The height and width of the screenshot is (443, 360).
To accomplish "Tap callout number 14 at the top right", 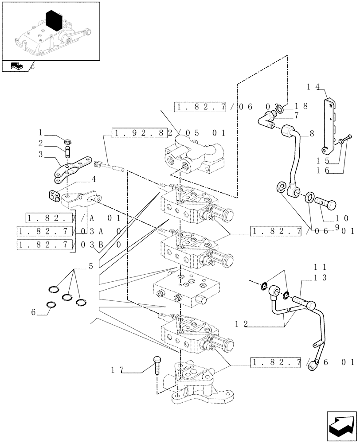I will (313, 87).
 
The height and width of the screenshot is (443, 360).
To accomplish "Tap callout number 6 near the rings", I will (34, 312).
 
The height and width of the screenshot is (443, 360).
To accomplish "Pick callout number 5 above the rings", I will (90, 266).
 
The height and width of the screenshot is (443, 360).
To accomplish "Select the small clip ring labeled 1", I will (68, 142).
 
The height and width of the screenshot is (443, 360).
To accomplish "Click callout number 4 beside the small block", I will (94, 179).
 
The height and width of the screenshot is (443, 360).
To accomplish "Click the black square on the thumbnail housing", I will (55, 20).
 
